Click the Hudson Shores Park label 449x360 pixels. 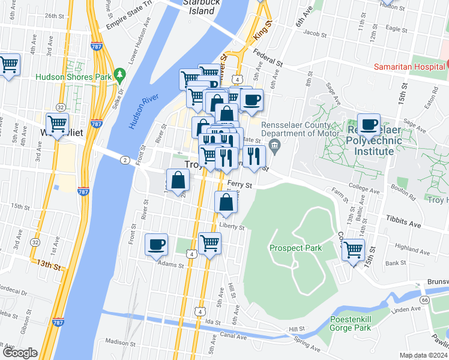(74, 77)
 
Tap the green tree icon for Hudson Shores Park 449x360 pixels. (119, 74)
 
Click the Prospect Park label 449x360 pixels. (295, 248)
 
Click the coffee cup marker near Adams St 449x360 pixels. (157, 244)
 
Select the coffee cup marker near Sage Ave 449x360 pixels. (369, 124)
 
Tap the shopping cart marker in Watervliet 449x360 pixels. (57, 124)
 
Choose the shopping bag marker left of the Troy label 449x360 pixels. (178, 180)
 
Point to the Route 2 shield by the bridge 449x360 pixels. (125, 160)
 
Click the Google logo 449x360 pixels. (20, 353)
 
